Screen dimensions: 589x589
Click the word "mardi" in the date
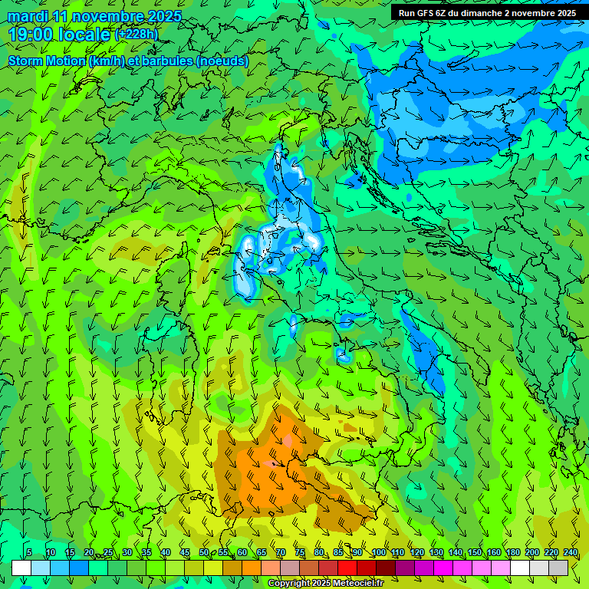click(x=28, y=16)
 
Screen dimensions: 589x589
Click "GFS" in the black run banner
click(x=427, y=13)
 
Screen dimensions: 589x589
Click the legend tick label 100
click(x=378, y=553)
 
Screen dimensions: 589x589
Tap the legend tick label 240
click(x=570, y=553)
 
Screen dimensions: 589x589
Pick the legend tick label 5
click(x=29, y=553)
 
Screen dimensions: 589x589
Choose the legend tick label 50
click(x=204, y=553)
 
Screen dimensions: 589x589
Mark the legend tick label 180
click(x=512, y=553)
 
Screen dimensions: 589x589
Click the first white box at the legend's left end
click(x=21, y=568)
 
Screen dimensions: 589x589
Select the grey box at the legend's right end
click(x=558, y=568)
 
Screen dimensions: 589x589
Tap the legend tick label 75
click(x=300, y=553)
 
